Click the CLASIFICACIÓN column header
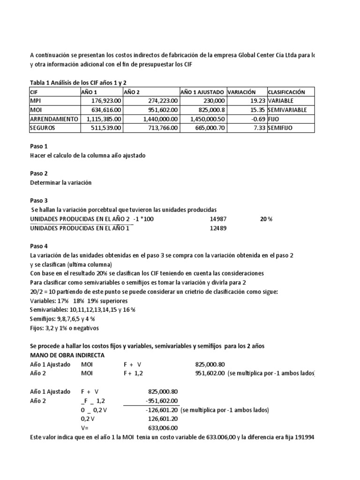point(286,92)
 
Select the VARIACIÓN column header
point(242,92)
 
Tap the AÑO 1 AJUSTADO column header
point(202,92)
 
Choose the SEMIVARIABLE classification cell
point(287,110)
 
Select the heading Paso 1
point(39,146)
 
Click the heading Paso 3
point(39,200)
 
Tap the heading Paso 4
point(39,246)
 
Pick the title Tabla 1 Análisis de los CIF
point(78,82)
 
